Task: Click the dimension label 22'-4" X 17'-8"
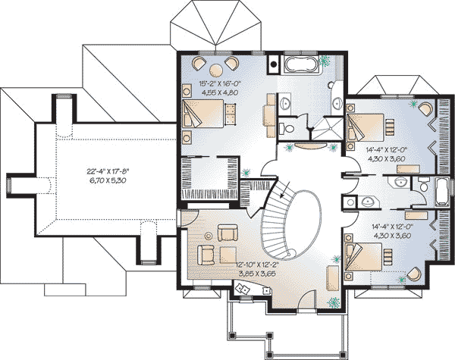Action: coord(108,171)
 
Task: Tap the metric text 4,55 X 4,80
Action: coord(220,92)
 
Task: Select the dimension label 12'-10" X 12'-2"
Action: coord(257,265)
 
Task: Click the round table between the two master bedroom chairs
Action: coord(216,70)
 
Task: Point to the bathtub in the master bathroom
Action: coord(300,65)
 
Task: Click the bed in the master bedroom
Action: coord(203,114)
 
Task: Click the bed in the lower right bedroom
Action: coord(363,257)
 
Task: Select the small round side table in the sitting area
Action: coord(208,236)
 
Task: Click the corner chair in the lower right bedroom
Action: coord(414,274)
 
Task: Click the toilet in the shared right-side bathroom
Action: coord(422,186)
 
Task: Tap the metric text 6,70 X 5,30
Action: coord(108,180)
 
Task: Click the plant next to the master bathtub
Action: coord(324,61)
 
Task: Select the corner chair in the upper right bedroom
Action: coord(425,109)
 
